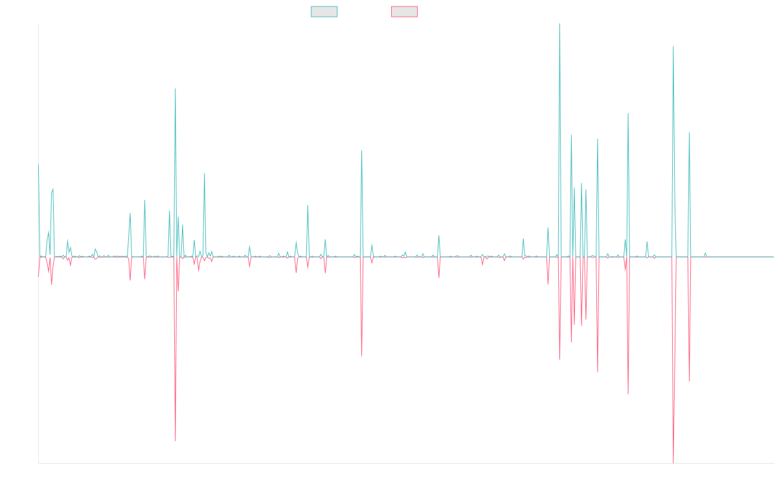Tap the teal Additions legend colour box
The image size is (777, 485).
324,12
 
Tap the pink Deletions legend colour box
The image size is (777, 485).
405,12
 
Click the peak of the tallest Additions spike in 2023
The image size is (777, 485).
559,24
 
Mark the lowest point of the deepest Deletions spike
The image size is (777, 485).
673,462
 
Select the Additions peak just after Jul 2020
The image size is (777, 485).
361,151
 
